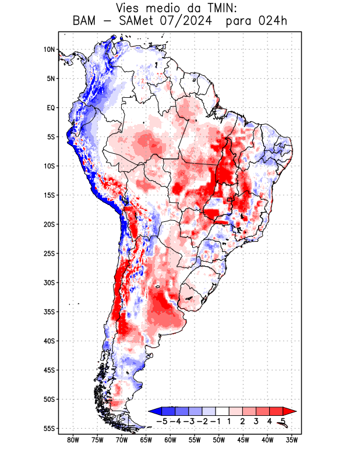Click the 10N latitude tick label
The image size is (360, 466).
(x=49, y=50)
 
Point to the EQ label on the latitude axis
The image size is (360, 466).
(x=51, y=108)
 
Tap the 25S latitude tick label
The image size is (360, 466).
(x=49, y=253)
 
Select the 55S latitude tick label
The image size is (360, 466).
(x=49, y=428)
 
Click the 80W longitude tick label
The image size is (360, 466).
(x=73, y=440)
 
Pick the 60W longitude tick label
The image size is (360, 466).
(x=171, y=440)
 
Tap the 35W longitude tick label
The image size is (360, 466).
(x=292, y=440)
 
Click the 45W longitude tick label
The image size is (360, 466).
(x=243, y=440)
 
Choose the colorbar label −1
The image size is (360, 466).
(x=215, y=421)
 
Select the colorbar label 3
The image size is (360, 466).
(x=256, y=421)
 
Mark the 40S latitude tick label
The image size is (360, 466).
(x=49, y=341)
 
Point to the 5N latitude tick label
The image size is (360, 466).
(x=51, y=79)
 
